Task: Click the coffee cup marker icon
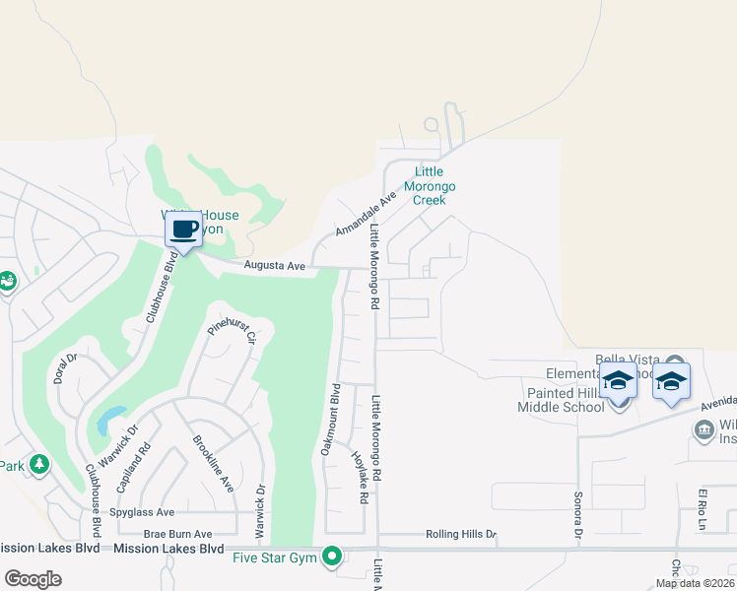click(183, 230)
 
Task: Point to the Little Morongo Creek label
click(429, 185)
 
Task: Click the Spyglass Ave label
click(143, 512)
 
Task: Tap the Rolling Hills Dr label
click(461, 534)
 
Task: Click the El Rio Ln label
click(703, 507)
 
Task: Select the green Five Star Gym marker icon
click(333, 558)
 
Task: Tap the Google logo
click(33, 578)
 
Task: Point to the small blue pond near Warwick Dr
click(109, 421)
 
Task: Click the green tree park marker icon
click(39, 463)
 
